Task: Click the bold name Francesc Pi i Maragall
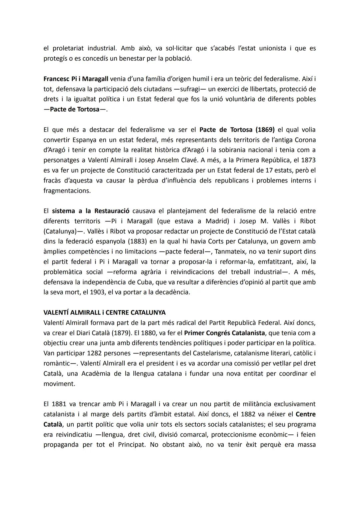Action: [x=76, y=79]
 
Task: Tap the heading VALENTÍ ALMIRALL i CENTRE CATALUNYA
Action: [x=104, y=312]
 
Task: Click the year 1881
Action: [x=59, y=404]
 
